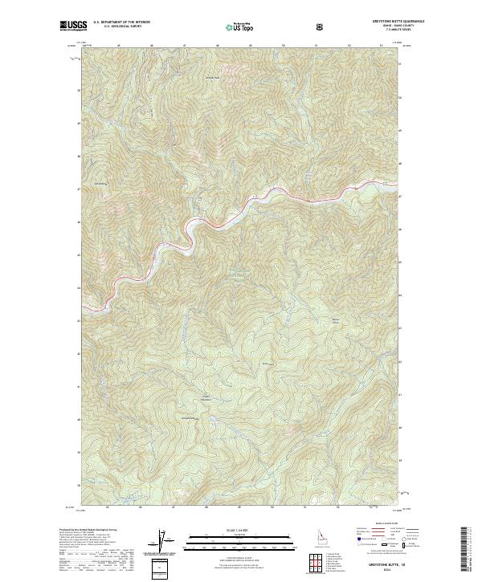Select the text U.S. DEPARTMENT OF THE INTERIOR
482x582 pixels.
(121, 22)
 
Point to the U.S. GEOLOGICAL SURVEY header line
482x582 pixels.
(121, 27)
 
